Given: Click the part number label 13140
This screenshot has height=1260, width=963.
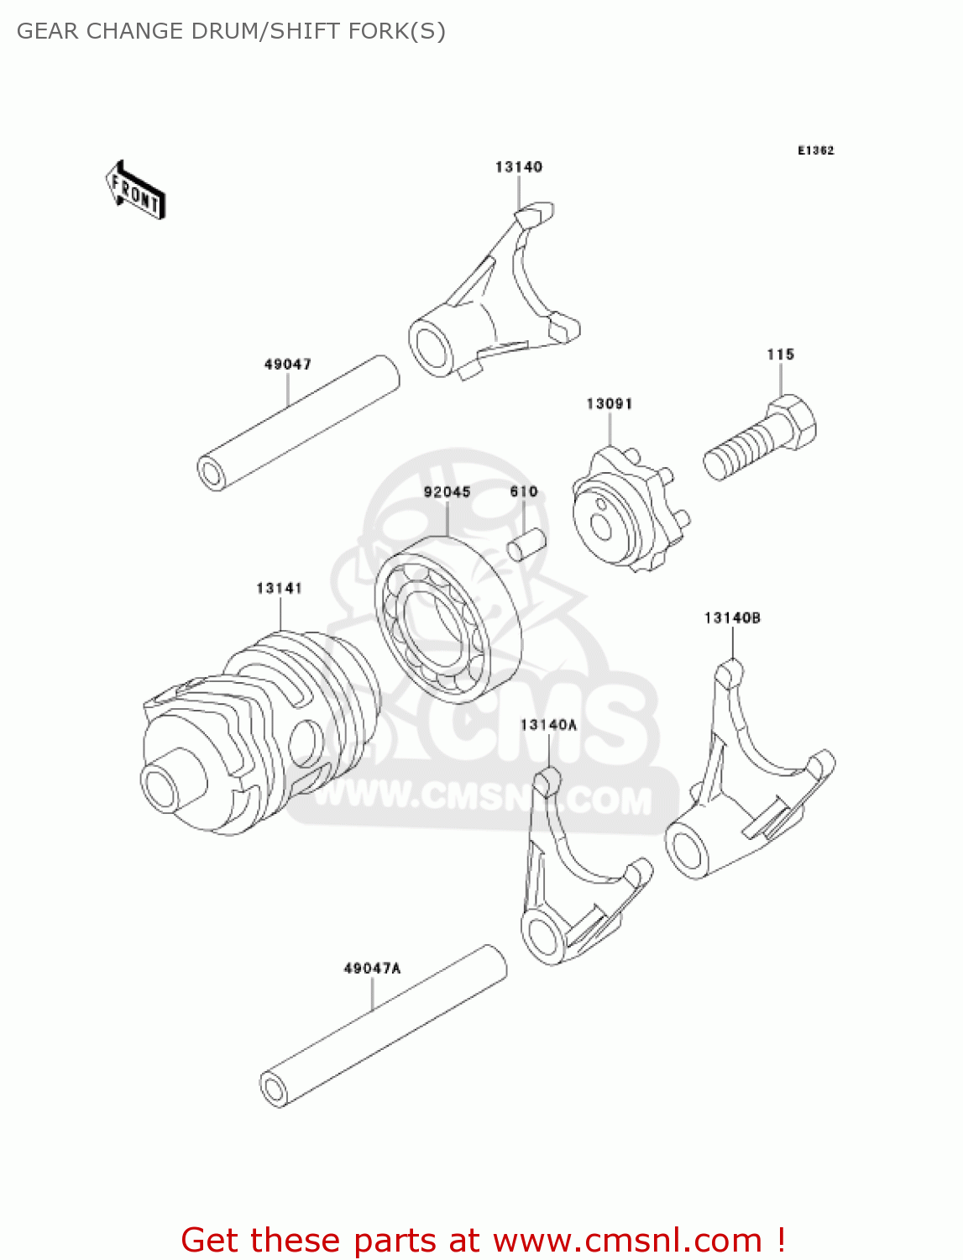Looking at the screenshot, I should coord(518,167).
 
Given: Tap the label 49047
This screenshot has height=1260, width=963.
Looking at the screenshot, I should coord(287,364).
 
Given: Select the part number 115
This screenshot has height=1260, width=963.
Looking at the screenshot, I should coord(780,354).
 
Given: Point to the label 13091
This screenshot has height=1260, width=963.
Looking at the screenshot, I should coord(609,404).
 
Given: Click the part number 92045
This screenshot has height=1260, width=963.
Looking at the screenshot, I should coord(447,491).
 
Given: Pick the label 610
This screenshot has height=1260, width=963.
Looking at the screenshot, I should coord(523,491).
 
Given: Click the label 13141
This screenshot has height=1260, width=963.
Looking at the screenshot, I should coord(279,588).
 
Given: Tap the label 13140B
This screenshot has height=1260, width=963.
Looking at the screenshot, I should coord(732,618).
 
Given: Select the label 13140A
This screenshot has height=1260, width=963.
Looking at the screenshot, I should coord(548,725).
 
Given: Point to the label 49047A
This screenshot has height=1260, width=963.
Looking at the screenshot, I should coord(372,969).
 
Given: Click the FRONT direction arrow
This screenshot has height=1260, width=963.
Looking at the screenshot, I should coord(135,191).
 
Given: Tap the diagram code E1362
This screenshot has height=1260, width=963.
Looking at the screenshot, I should coord(815,150).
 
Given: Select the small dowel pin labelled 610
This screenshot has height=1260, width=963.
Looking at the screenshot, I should coord(526,543).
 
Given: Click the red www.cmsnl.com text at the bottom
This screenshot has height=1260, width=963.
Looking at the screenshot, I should coord(626,1240).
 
